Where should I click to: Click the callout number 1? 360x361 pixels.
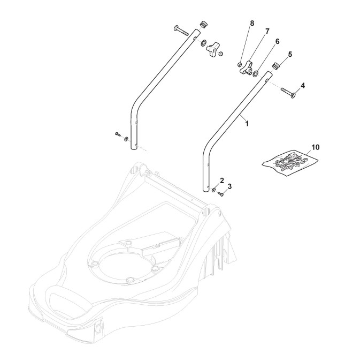pos(247,123)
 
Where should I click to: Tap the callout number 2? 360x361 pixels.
pos(222,180)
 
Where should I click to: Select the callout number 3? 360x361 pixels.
pos(229,186)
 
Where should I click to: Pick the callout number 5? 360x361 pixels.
pos(289,54)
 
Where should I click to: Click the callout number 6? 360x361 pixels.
pos(277,41)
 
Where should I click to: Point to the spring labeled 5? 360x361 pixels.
pos(277,66)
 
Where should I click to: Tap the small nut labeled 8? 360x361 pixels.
pos(240,65)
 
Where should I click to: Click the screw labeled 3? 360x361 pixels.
pos(220,195)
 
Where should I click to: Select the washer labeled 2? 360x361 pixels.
pos(214,189)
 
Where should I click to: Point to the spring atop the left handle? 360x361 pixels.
pos(203,25)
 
